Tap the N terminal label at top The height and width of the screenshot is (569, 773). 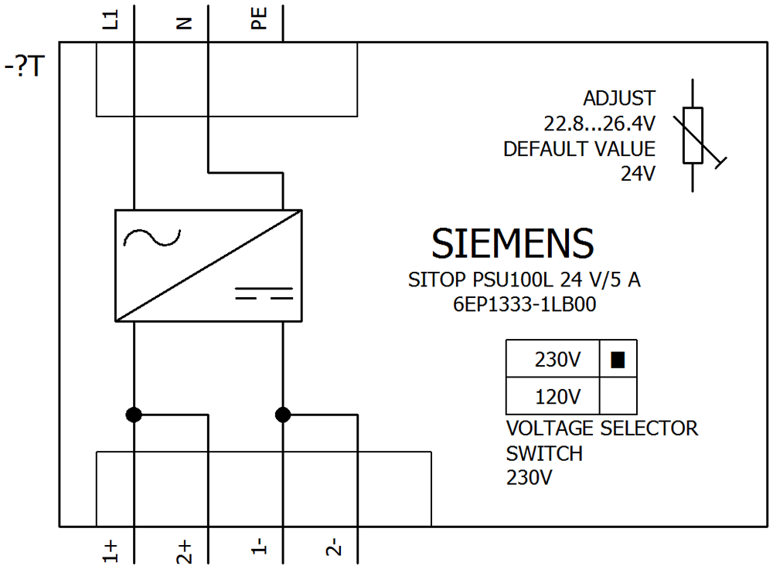click(x=183, y=23)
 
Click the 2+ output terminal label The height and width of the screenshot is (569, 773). click(x=184, y=549)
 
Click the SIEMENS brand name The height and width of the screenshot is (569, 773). click(x=512, y=244)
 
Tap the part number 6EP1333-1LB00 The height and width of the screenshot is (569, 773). click(x=524, y=305)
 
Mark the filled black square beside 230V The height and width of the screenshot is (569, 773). click(x=617, y=360)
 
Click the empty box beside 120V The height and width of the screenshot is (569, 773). click(x=618, y=396)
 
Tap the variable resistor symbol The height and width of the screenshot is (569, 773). click(x=693, y=136)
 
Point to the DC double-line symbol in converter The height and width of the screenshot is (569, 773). click(x=264, y=293)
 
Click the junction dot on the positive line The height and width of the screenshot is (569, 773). click(x=135, y=415)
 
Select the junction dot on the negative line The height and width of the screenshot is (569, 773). click(x=283, y=415)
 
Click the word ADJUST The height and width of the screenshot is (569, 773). click(x=619, y=99)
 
